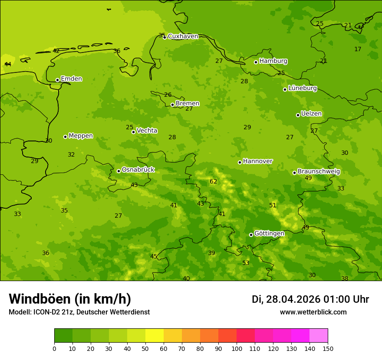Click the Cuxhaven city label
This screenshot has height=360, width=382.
pyautogui.click(x=183, y=36)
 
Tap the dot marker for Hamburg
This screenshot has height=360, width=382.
pyautogui.click(x=256, y=62)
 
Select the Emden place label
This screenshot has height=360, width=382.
pyautogui.click(x=71, y=79)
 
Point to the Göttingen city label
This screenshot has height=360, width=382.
pyautogui.click(x=269, y=233)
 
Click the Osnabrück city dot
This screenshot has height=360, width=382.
pyautogui.click(x=119, y=171)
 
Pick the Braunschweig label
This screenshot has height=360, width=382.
pyautogui.click(x=319, y=172)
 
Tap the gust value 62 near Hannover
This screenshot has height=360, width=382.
pyautogui.click(x=213, y=182)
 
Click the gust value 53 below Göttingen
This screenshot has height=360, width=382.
pyautogui.click(x=246, y=263)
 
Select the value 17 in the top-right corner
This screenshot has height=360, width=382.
pyautogui.click(x=358, y=49)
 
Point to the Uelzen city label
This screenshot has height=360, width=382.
pyautogui.click(x=311, y=114)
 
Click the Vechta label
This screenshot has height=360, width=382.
pyautogui.click(x=147, y=131)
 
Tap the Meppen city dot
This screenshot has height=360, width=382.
pyautogui.click(x=65, y=137)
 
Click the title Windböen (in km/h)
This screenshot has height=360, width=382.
pyautogui.click(x=70, y=299)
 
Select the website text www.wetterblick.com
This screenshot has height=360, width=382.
pyautogui.click(x=313, y=312)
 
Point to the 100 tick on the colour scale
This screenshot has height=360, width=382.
pyautogui.click(x=237, y=348)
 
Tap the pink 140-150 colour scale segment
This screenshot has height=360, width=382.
pyautogui.click(x=319, y=336)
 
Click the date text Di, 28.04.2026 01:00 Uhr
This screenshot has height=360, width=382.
pyautogui.click(x=310, y=299)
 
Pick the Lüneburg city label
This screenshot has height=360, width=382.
pyautogui.click(x=302, y=88)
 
